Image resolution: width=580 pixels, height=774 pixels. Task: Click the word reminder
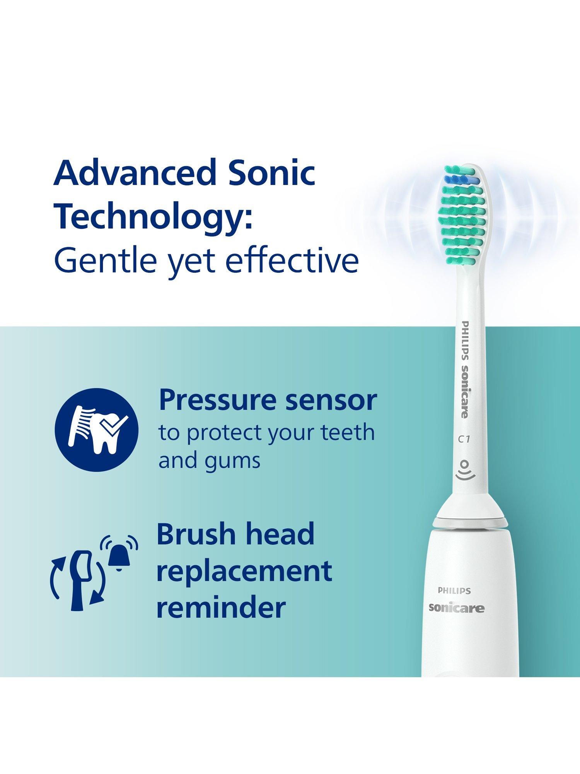pos(221,608)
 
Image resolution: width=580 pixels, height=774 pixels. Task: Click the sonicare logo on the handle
pos(456,608)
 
